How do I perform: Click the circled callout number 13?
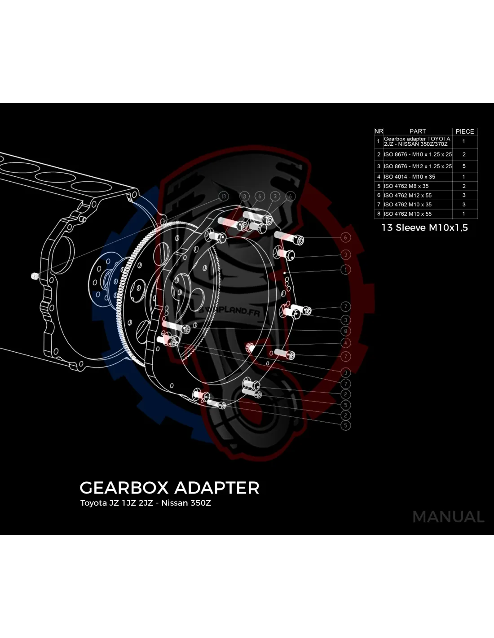coord(224,197)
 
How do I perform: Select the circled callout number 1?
coord(345,270)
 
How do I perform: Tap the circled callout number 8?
coord(345,331)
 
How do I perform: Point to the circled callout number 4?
coord(345,343)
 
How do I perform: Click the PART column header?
coord(418,131)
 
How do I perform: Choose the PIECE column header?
coord(465,131)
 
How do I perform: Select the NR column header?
coord(379,131)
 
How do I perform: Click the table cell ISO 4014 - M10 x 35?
coord(409,177)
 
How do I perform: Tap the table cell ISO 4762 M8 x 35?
coord(406,186)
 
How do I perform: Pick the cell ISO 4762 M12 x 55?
coord(407,196)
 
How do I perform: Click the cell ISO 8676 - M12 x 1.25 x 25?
coord(418,166)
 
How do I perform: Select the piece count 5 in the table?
coord(464,166)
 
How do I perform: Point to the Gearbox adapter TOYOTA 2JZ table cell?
coord(417,141)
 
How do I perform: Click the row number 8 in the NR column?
coord(379,214)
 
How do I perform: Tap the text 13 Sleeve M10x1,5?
coord(424,227)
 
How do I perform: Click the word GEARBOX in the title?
coord(124,488)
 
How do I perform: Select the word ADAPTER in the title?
coord(216,488)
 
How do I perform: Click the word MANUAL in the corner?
coord(448,517)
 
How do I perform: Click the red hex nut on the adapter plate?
coord(250,347)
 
